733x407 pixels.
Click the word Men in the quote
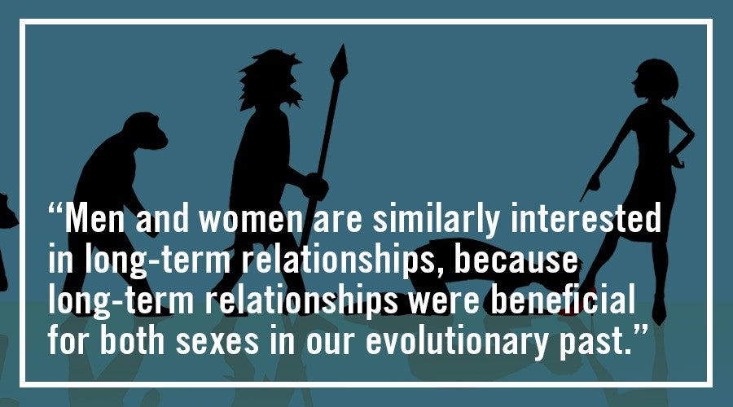pyautogui.click(x=95, y=218)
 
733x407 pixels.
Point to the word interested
pyautogui.click(x=586, y=217)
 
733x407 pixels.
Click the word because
pyautogui.click(x=516, y=258)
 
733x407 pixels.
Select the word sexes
pyautogui.click(x=217, y=342)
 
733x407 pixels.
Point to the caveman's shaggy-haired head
pyautogui.click(x=270, y=78)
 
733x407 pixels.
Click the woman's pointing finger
pyautogui.click(x=584, y=195)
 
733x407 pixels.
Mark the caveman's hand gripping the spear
pyautogui.click(x=314, y=186)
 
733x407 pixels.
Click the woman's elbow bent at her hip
pyautogui.click(x=690, y=135)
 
